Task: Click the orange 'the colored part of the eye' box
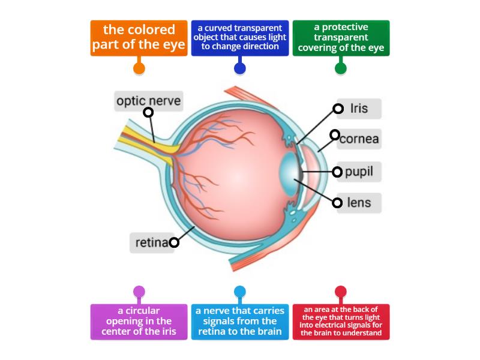point(139,38)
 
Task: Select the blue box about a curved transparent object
point(240,38)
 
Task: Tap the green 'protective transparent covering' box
point(341,38)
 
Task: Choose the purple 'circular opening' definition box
point(139,322)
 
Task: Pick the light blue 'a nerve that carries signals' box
point(240,322)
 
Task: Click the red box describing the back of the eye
point(341,322)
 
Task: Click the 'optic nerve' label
point(148,101)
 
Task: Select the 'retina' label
point(151,242)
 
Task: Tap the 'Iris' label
point(359,109)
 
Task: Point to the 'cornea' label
point(359,139)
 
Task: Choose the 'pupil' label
point(359,172)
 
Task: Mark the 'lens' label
point(359,203)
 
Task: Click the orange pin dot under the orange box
point(139,68)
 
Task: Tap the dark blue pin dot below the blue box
point(240,68)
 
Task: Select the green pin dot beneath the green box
point(341,68)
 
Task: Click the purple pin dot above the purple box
point(139,292)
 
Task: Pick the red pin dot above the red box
point(341,292)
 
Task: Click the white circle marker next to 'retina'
point(174,242)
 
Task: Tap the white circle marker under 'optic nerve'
point(148,112)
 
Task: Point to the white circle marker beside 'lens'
point(337,203)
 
